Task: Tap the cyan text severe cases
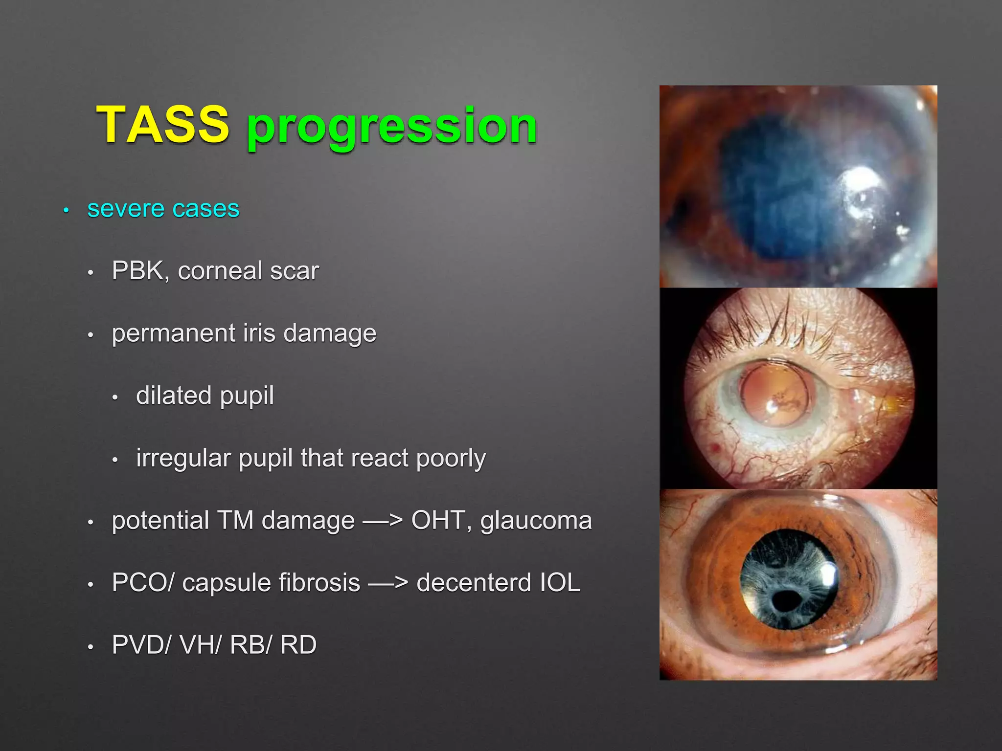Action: coord(163,209)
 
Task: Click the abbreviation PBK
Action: coord(137,270)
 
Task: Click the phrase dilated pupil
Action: coord(205,396)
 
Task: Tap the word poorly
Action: coord(451,458)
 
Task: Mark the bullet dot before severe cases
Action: coord(66,211)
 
